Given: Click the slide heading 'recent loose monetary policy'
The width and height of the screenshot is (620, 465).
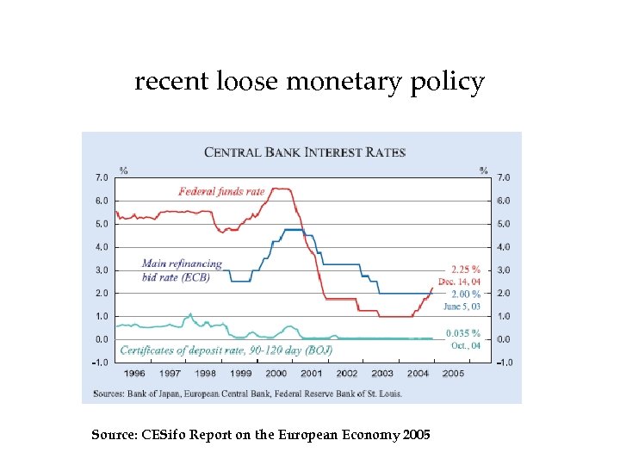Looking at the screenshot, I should click(x=309, y=83).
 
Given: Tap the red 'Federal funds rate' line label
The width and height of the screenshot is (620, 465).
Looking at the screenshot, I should click(x=221, y=191).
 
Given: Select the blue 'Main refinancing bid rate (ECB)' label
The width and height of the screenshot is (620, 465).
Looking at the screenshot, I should click(x=182, y=270).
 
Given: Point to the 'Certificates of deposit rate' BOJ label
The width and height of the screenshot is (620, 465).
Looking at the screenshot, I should click(x=226, y=350).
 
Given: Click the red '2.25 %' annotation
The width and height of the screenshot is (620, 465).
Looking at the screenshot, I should click(x=466, y=269).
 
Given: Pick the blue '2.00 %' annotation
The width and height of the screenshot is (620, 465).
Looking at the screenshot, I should click(x=466, y=294).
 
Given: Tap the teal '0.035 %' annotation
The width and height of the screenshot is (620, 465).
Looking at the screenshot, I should click(x=463, y=333).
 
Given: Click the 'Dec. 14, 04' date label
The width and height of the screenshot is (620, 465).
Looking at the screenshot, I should click(x=460, y=282).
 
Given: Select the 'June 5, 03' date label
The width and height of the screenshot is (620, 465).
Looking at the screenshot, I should click(x=462, y=306).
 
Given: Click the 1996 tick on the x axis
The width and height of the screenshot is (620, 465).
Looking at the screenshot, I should click(x=134, y=374).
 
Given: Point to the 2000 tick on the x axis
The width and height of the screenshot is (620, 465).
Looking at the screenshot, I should click(x=276, y=374).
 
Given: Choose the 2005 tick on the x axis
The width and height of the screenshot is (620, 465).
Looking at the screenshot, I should click(x=453, y=374).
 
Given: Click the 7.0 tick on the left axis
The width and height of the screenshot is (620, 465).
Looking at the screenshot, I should click(x=101, y=178).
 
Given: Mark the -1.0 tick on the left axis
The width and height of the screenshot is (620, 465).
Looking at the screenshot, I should click(x=100, y=363).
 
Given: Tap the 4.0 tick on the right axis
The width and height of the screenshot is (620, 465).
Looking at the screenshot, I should click(x=505, y=247).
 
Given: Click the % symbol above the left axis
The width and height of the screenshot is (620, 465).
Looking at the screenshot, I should click(x=123, y=170).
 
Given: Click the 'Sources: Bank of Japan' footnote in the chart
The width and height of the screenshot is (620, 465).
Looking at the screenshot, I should click(x=242, y=394).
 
